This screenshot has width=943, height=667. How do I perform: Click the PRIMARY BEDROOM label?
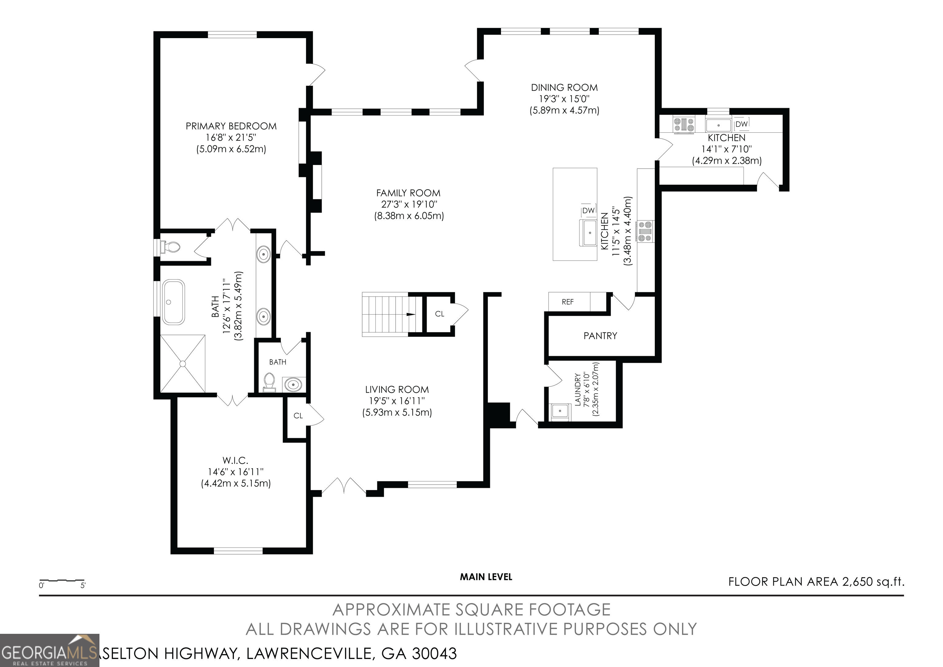(231, 126)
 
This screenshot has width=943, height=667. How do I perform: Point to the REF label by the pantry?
(568, 302)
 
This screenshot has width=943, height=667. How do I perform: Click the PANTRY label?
(600, 336)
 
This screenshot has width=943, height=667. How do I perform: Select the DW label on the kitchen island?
(588, 210)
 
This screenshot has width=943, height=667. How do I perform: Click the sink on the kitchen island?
(590, 233)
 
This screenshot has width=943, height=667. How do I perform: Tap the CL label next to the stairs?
(440, 314)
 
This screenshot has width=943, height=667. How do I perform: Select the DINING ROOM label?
(564, 88)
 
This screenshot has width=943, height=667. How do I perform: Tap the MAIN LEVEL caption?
(486, 577)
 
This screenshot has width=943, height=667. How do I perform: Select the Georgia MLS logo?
(49, 650)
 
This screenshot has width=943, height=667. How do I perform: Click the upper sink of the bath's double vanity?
(263, 254)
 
